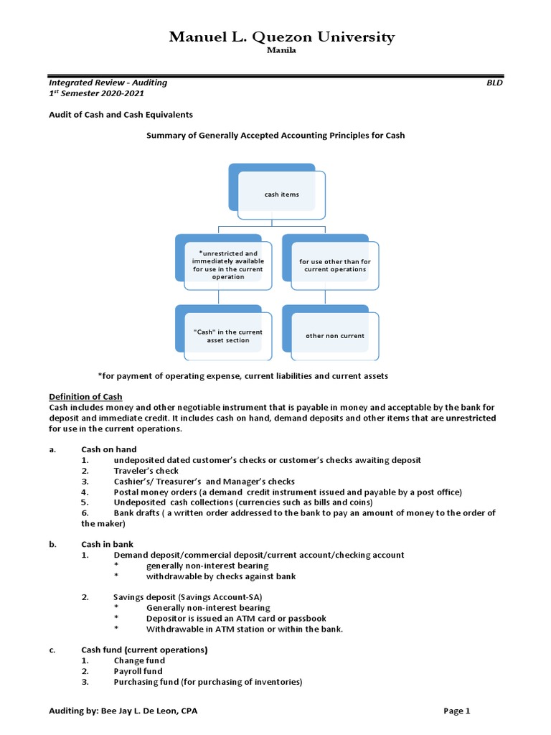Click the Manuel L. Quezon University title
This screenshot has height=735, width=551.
click(282, 37)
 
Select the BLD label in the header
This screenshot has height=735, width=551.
click(494, 83)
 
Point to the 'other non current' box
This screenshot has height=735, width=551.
click(335, 335)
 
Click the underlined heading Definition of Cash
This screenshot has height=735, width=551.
click(85, 397)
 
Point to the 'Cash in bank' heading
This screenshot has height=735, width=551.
click(107, 544)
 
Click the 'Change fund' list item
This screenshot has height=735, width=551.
click(139, 660)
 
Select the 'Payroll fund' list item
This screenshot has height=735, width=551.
click(138, 671)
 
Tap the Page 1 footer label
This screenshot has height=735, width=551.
click(456, 711)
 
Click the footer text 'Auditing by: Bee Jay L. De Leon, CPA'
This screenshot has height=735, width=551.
click(123, 711)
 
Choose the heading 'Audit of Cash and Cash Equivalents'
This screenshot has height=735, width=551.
click(121, 115)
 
